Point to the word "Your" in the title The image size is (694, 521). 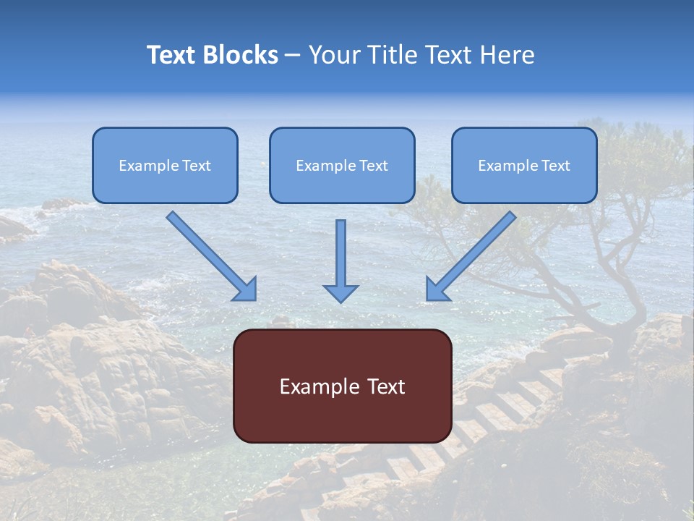point(335,55)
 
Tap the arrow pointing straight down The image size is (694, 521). point(340,260)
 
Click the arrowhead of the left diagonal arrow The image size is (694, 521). point(246,289)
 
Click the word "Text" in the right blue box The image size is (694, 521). point(556,166)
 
